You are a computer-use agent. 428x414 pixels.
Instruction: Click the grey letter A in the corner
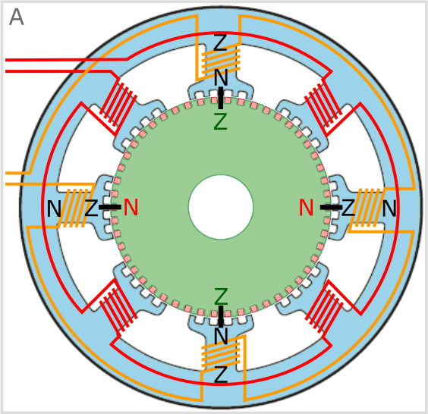pos(17,17)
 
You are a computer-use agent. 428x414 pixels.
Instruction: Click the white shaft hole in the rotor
pos(221,207)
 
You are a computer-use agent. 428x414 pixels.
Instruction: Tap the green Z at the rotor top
pos(220,122)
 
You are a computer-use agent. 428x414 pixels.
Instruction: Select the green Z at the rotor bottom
pos(221,296)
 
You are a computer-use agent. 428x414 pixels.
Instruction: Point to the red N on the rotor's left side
pos(131,207)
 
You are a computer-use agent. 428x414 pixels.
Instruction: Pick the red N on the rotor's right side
pos(306,207)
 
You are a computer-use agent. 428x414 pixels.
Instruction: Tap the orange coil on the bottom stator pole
pos(221,355)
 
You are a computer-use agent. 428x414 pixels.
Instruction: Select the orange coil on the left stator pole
pos(74,208)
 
